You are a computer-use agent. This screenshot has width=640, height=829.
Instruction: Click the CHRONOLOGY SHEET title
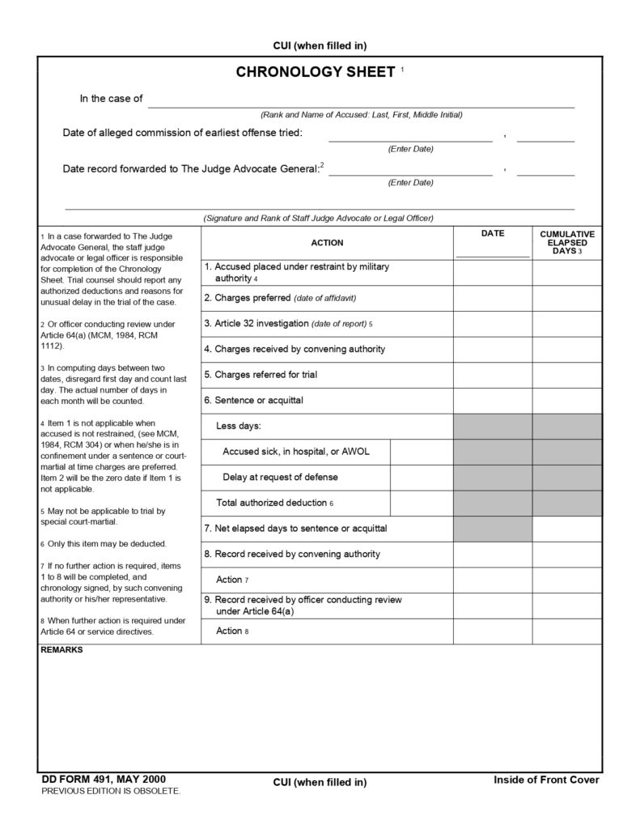315,73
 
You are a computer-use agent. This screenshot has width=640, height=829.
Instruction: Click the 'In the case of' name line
361,100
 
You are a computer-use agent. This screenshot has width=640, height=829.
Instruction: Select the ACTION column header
327,243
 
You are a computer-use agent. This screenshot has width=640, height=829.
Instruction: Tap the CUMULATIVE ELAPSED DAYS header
566,243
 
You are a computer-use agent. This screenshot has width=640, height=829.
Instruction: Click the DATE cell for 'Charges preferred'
492,298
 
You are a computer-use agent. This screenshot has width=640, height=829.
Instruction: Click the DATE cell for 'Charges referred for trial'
492,375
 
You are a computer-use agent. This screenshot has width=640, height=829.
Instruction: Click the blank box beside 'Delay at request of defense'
421,477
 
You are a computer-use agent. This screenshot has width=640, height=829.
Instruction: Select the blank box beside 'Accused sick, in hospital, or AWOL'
421,451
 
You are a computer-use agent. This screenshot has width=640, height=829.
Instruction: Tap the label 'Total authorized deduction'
272,503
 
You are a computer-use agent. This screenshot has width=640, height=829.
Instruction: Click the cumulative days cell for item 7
566,529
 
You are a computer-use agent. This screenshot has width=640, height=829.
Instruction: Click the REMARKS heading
61,650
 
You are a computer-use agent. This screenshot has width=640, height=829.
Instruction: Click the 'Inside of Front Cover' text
546,780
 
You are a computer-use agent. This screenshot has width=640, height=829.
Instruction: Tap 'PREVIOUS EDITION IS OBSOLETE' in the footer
111,791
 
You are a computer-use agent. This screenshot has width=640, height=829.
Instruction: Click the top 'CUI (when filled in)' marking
320,46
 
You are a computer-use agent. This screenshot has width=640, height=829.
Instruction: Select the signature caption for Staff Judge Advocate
319,218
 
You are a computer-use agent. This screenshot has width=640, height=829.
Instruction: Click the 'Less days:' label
239,426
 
